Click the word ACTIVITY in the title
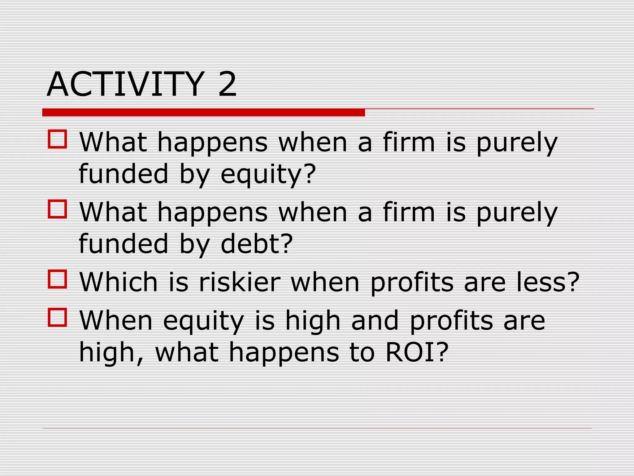click(125, 84)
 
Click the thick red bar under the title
click(203, 112)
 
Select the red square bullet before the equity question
click(58, 139)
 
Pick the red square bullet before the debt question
click(58, 209)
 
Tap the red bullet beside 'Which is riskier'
click(58, 279)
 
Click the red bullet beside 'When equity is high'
click(58, 317)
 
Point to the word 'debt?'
click(257, 244)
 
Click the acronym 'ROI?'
click(417, 352)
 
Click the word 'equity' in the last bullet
click(203, 322)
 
